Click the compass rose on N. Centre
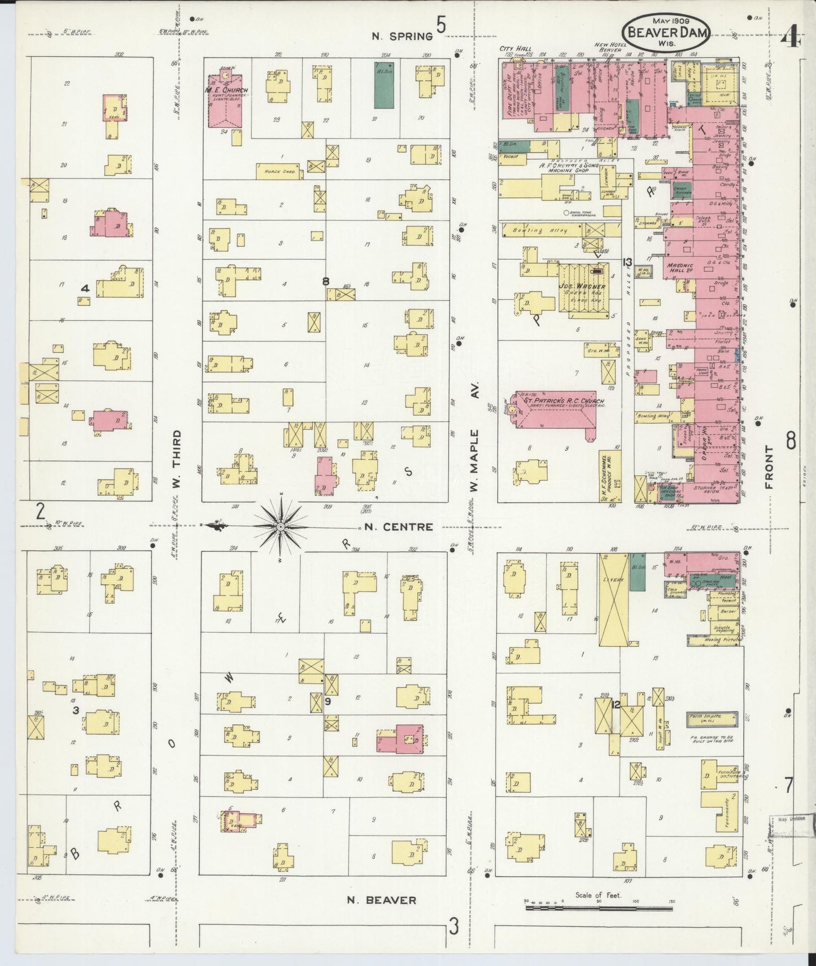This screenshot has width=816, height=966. (x=281, y=526)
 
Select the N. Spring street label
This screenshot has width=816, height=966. (x=402, y=36)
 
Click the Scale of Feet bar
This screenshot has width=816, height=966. (x=599, y=909)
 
